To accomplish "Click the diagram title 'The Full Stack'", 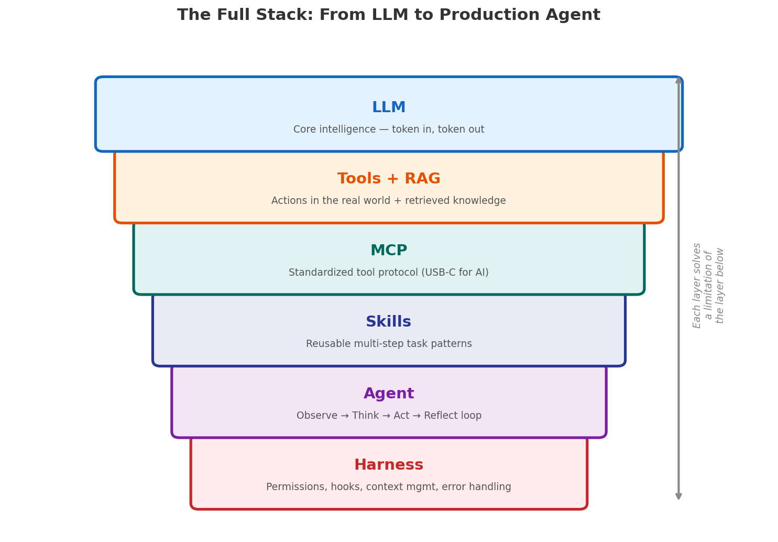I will click(388, 15).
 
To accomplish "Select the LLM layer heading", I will click(388, 107).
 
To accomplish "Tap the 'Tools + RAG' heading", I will click(388, 179).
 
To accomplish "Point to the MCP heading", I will click(388, 251).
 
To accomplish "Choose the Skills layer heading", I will click(388, 322).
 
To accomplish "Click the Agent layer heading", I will click(388, 394).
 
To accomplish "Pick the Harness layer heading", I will click(388, 465).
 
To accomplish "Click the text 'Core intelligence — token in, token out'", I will click(388, 129).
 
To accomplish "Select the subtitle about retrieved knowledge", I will click(388, 201).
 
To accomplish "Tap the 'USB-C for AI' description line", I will click(388, 273).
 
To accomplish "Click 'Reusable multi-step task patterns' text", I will click(388, 344).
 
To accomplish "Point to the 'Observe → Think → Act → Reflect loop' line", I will click(388, 416).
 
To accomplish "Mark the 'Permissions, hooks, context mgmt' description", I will click(388, 487).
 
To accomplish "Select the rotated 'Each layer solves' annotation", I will click(708, 285).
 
